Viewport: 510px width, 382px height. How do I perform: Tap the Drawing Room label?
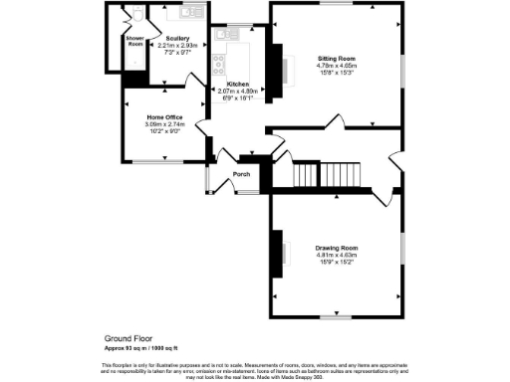[336, 247]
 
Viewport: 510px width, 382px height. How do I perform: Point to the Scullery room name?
[178, 38]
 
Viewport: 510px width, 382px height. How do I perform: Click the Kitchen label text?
[237, 84]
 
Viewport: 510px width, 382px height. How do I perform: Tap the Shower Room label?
[134, 41]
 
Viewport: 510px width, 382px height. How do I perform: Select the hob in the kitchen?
[218, 67]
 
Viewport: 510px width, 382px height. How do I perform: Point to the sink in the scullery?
[185, 12]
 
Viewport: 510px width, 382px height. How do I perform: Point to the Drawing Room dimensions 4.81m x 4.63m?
[336, 255]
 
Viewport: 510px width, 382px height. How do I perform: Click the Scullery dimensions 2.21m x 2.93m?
[178, 45]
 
